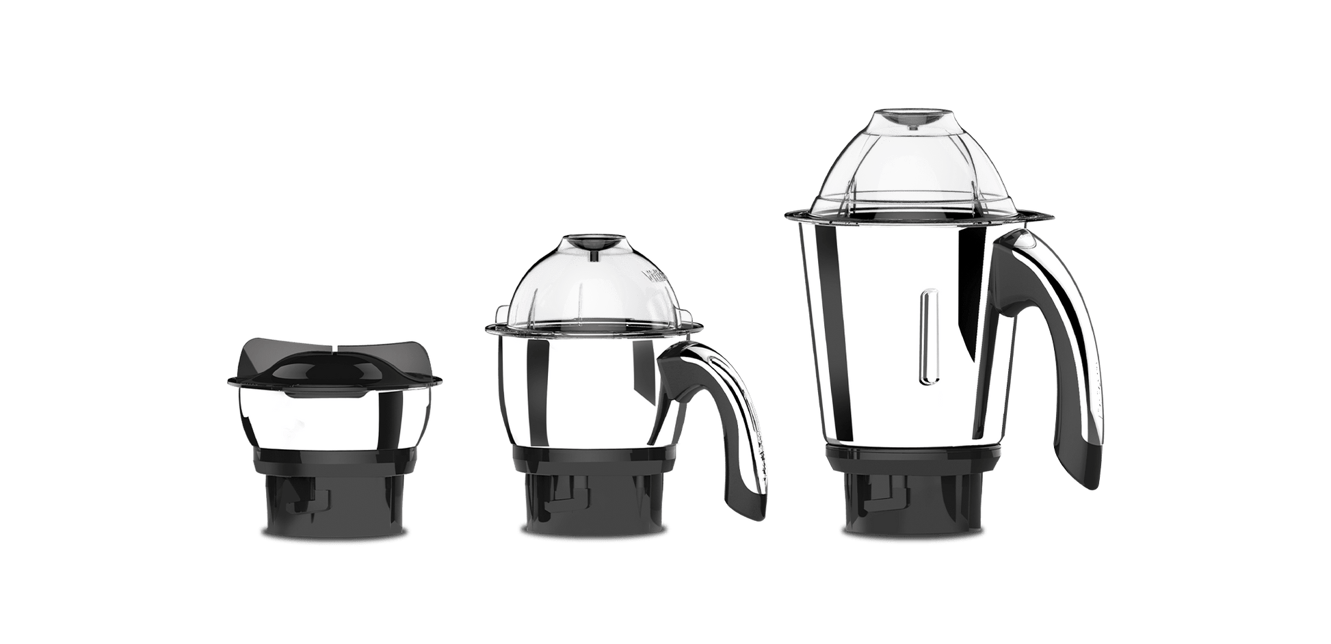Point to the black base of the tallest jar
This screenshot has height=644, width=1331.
[x=910, y=492]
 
